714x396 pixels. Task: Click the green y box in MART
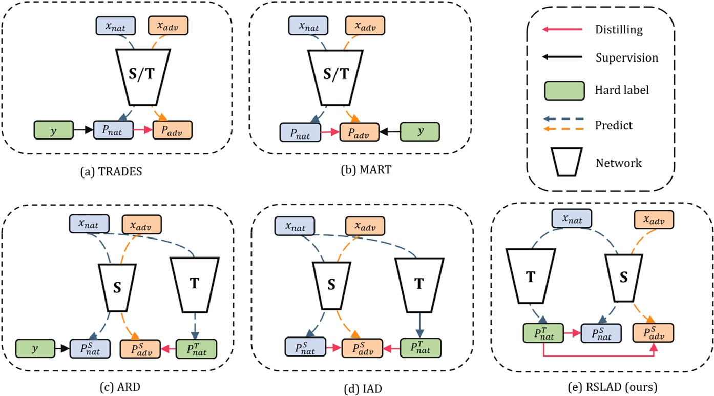pyautogui.click(x=419, y=131)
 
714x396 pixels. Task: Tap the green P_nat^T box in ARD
pyautogui.click(x=196, y=348)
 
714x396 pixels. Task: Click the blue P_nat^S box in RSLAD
pyautogui.click(x=600, y=333)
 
